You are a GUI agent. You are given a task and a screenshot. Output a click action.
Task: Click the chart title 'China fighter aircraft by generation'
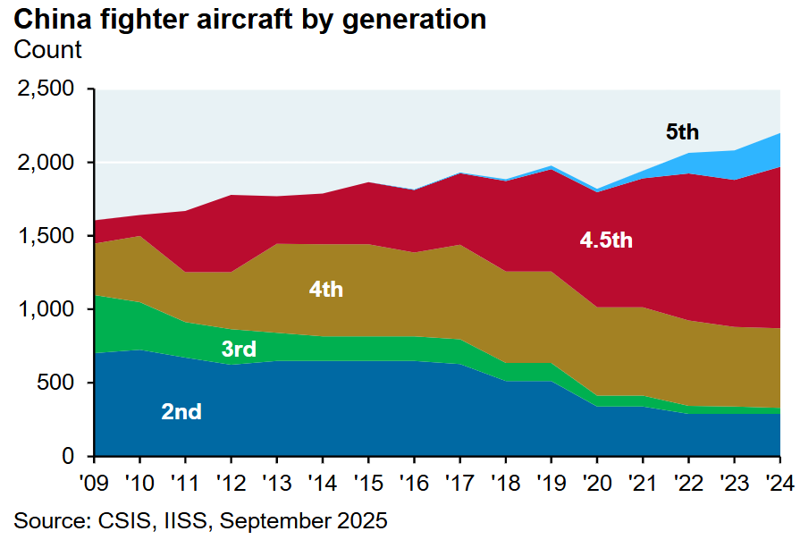pos(250,20)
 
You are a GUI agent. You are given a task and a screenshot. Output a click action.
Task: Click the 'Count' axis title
pos(47,50)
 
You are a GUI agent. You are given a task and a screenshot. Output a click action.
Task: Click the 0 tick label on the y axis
pos(72,457)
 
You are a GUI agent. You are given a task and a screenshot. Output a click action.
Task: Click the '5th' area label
pos(682,132)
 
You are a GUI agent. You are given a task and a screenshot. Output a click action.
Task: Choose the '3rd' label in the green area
pos(239,349)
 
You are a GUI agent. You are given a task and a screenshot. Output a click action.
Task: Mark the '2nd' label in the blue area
pos(181,412)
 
